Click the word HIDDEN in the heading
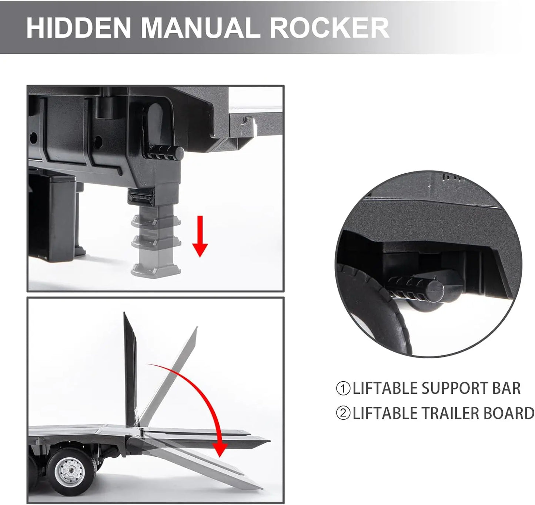(x=78, y=27)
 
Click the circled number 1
(x=343, y=389)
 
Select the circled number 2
(x=343, y=413)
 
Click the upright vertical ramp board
(x=130, y=371)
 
